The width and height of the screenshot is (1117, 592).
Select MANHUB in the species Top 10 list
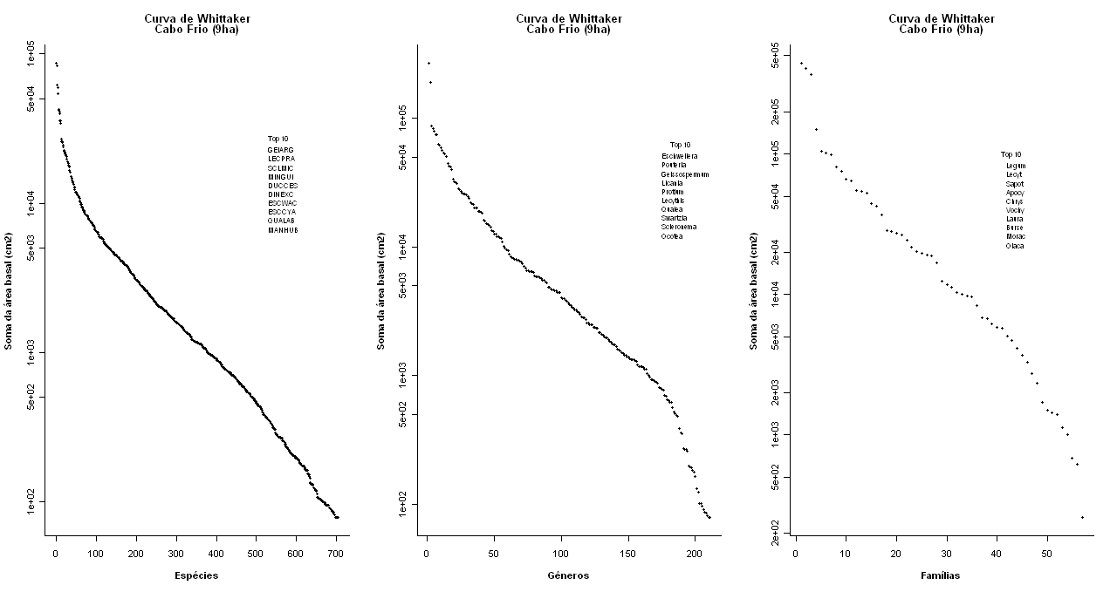pyautogui.click(x=283, y=230)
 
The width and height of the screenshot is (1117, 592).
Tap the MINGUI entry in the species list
pyautogui.click(x=281, y=177)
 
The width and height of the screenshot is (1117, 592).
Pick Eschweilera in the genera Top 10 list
pyautogui.click(x=679, y=156)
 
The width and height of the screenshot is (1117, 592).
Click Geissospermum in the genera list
pyautogui.click(x=684, y=174)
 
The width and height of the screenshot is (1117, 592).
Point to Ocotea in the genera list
pyautogui.click(x=671, y=236)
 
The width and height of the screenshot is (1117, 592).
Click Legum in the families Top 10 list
pyautogui.click(x=1015, y=165)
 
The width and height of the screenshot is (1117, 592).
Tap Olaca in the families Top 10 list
pyautogui.click(x=1014, y=246)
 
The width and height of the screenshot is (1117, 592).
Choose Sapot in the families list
pyautogui.click(x=1014, y=183)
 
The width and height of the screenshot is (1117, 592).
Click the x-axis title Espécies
pyautogui.click(x=196, y=575)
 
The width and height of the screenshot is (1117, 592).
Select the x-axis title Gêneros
pyautogui.click(x=568, y=575)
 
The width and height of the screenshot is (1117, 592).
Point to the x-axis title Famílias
pyautogui.click(x=941, y=575)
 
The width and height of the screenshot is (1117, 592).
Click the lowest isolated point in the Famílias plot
pyautogui.click(x=1082, y=517)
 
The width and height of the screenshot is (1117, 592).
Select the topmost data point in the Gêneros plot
pyautogui.click(x=428, y=63)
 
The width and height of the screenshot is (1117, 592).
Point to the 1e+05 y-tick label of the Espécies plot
pyautogui.click(x=31, y=54)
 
